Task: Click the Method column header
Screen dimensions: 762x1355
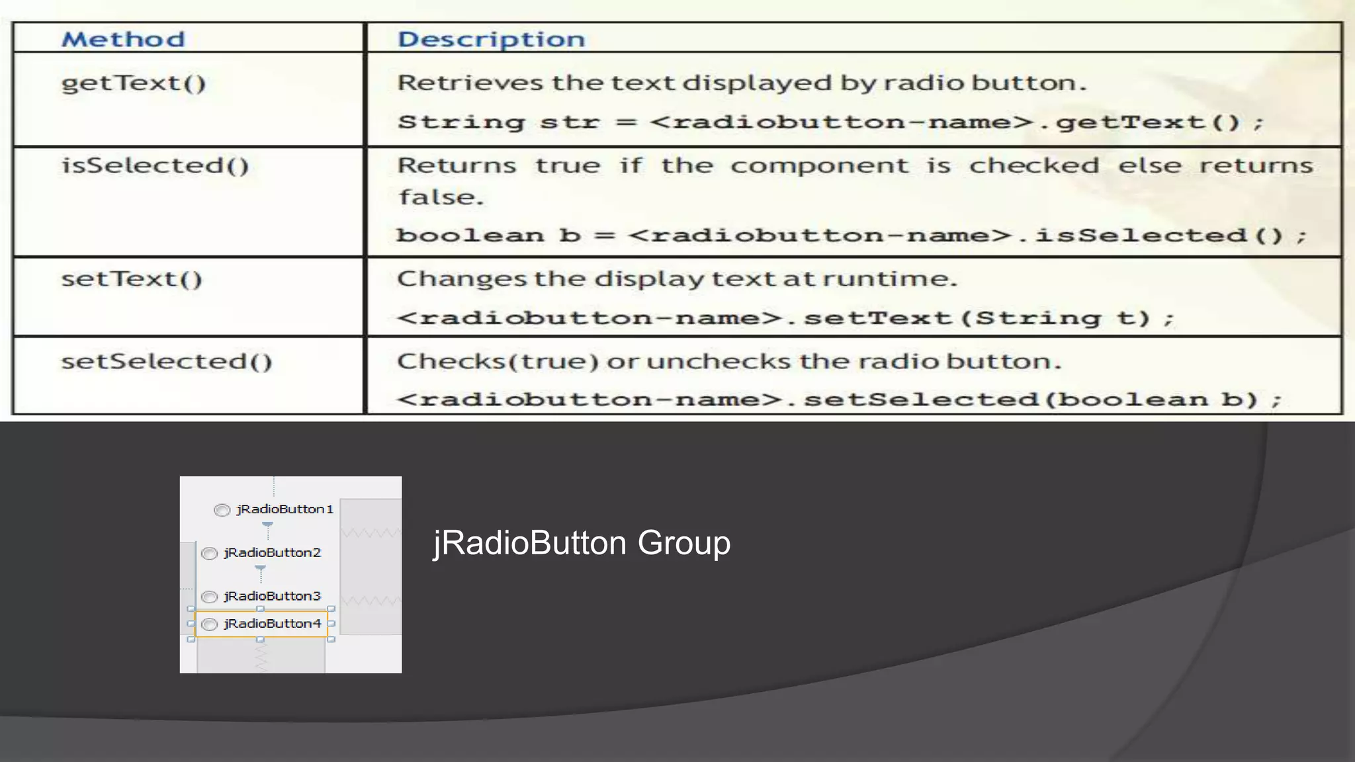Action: (x=123, y=39)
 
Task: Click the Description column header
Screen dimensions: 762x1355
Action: (x=491, y=39)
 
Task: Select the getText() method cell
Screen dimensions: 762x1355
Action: (x=134, y=83)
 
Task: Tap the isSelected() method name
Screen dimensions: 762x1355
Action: (x=155, y=165)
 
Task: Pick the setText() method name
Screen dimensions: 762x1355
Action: (x=132, y=279)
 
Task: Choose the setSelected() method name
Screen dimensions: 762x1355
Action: (x=167, y=362)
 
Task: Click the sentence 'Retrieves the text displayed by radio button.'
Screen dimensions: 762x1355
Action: (x=742, y=83)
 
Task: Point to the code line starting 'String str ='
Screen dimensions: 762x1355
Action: (x=830, y=122)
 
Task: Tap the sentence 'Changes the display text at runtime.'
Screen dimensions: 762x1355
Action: (x=677, y=279)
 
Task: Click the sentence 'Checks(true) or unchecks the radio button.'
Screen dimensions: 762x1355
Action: (x=729, y=362)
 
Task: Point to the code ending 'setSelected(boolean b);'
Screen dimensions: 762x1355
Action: (x=839, y=400)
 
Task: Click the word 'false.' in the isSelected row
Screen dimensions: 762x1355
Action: (x=441, y=197)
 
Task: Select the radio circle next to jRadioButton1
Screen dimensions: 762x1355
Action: (x=222, y=510)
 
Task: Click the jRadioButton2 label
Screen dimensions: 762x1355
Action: (x=272, y=553)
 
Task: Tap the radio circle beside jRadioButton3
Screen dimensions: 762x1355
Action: (x=210, y=597)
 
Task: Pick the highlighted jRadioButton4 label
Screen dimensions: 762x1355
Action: (x=272, y=624)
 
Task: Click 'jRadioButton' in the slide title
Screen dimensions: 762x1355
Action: (x=530, y=543)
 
